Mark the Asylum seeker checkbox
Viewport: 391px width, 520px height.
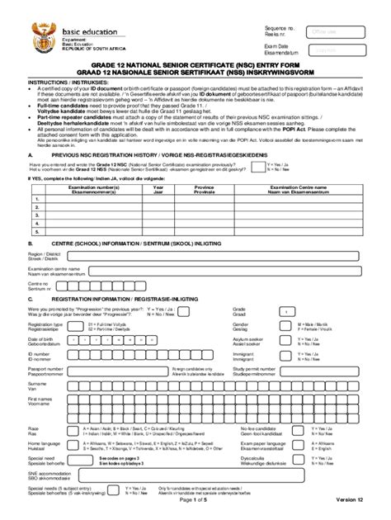click(285, 341)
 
